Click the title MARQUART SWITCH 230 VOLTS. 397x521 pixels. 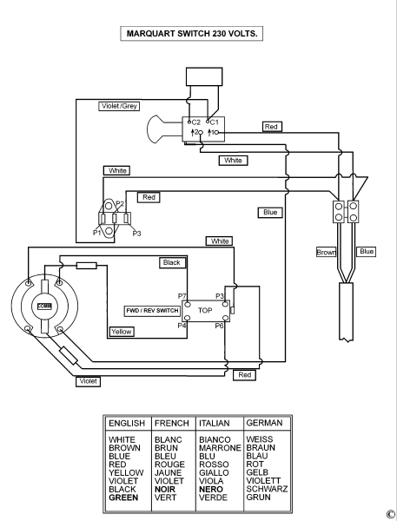pos(192,34)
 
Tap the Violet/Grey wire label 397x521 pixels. pos(119,106)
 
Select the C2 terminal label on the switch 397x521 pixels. pos(196,122)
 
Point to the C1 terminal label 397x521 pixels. pos(215,122)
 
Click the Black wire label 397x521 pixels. pos(172,262)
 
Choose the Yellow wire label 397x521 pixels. pos(122,332)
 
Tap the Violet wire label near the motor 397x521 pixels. pos(88,381)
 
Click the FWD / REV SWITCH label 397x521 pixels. pos(152,311)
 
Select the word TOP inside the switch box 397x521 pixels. pos(205,310)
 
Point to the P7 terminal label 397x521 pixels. pos(182,296)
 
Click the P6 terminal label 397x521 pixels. pos(219,326)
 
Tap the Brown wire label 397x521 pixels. pos(326,252)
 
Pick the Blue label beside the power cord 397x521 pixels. pos(367,252)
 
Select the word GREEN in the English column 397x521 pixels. pos(123,498)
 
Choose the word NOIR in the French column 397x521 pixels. pos(165,490)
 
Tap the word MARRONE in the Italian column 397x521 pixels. pos(220,448)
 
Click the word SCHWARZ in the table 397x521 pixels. pos(267,489)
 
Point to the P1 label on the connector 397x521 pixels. pos(97,233)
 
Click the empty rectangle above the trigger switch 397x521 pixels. pos(204,76)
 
